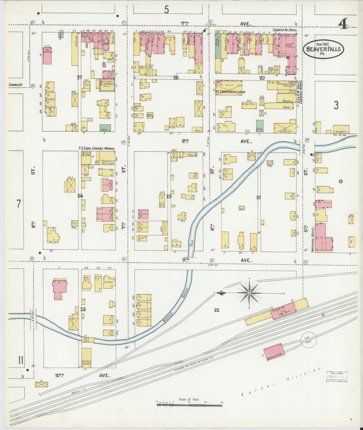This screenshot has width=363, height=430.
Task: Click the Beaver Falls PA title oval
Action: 323,49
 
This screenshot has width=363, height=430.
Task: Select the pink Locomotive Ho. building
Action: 274,352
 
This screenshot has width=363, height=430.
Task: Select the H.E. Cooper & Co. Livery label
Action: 230,92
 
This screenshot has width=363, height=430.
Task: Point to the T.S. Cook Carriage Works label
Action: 97,149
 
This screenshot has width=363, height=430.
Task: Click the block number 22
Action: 217,310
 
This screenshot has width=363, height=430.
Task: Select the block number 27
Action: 80,78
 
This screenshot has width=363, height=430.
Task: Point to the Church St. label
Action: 16,85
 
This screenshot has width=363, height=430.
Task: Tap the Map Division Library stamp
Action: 337,377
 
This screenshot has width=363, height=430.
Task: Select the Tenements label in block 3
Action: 340,132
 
